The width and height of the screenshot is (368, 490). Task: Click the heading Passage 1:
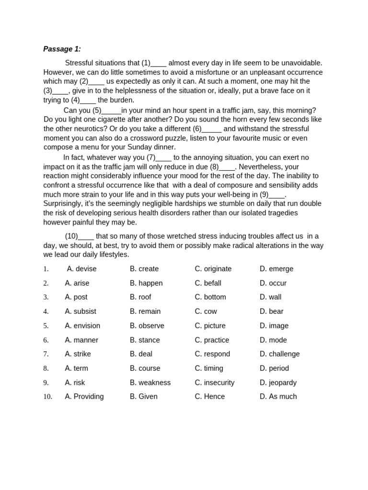point(62,49)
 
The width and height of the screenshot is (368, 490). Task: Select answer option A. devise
point(81,269)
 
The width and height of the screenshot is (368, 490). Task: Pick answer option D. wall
point(271,297)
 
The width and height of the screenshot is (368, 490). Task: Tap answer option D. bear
point(272,312)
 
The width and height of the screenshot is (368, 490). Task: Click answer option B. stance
point(145,340)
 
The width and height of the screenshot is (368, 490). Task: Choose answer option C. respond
point(212,354)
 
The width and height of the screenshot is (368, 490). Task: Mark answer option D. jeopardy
point(278,383)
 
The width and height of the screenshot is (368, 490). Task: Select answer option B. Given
point(144,397)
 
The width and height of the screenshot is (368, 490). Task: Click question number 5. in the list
point(46,326)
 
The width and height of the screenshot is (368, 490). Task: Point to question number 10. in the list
point(47,397)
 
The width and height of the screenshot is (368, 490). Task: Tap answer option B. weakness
point(150,383)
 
